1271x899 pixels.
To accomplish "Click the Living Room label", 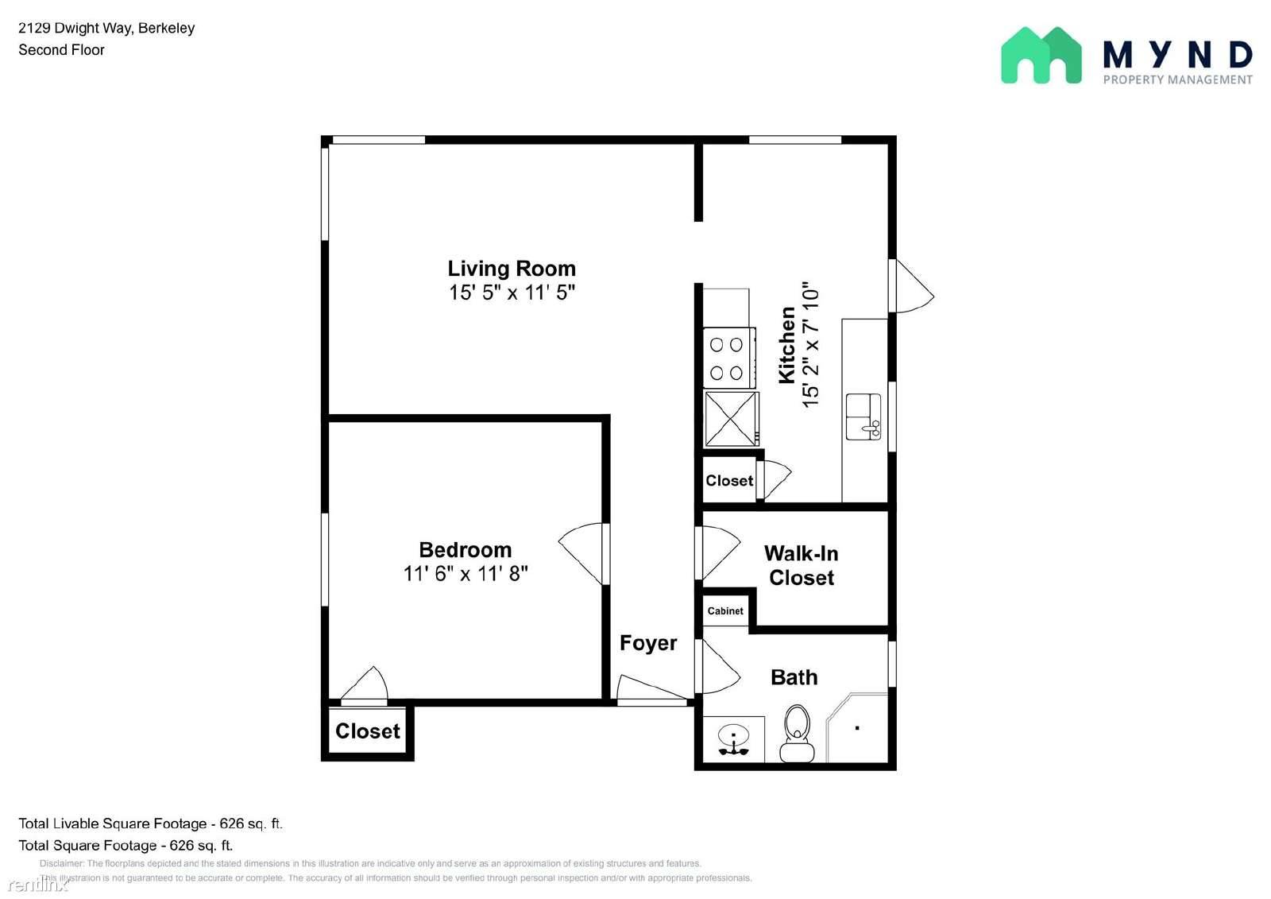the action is [x=512, y=269].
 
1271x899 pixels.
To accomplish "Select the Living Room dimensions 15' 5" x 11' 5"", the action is [x=512, y=293].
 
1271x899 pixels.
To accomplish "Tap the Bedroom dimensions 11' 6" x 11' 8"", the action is [x=466, y=574].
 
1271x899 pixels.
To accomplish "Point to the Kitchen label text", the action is [x=786, y=345].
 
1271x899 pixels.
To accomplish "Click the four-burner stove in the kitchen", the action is [x=730, y=358].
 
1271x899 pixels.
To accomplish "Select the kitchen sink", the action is [x=863, y=417].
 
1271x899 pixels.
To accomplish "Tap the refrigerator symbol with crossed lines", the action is [x=732, y=419].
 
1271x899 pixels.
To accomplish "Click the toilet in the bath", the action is [x=798, y=733].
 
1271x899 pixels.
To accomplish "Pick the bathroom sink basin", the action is [x=734, y=737].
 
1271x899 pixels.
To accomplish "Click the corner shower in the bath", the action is [x=857, y=727].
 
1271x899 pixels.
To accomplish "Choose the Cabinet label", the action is [x=725, y=611].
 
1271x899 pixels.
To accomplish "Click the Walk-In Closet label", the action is [x=802, y=566].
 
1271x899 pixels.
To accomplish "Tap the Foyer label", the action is [x=648, y=643].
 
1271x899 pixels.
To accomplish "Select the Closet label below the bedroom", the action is [x=368, y=731].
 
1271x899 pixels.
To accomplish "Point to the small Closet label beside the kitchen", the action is [x=729, y=480].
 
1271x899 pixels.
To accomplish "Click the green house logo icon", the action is [x=1041, y=56].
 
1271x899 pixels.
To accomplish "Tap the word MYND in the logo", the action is [x=1177, y=55].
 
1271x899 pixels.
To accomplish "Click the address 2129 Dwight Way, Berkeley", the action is [x=106, y=29].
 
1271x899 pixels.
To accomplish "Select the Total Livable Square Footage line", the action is [x=150, y=823].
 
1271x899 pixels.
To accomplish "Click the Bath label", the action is [x=794, y=677].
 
